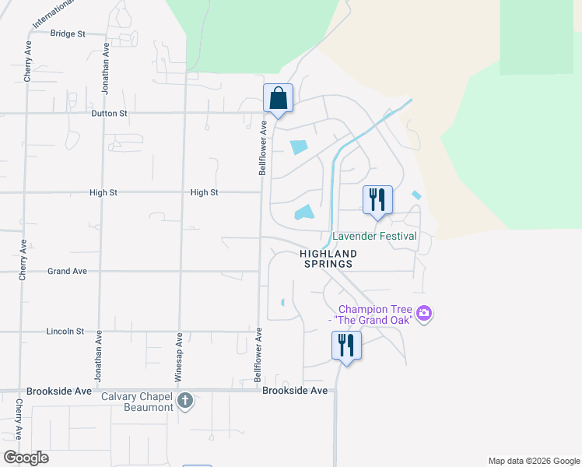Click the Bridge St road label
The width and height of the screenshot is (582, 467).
pos(67,33)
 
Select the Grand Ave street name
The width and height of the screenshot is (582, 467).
pos(67,272)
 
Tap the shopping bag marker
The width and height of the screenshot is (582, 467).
pos(278,99)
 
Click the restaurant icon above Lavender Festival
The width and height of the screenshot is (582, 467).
pos(377,200)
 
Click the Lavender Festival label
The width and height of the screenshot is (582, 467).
pos(375,236)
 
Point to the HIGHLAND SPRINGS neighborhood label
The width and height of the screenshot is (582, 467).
pos(329,259)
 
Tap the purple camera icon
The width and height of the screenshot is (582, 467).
pos(424,314)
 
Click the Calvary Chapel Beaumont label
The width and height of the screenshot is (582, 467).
pos(137,402)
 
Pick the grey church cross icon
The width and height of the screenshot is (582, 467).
pos(184,402)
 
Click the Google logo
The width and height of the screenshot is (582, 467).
pos(26,458)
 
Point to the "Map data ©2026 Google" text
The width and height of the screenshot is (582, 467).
pos(533,461)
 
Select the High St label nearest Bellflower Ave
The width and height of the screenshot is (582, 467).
pos(204,192)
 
